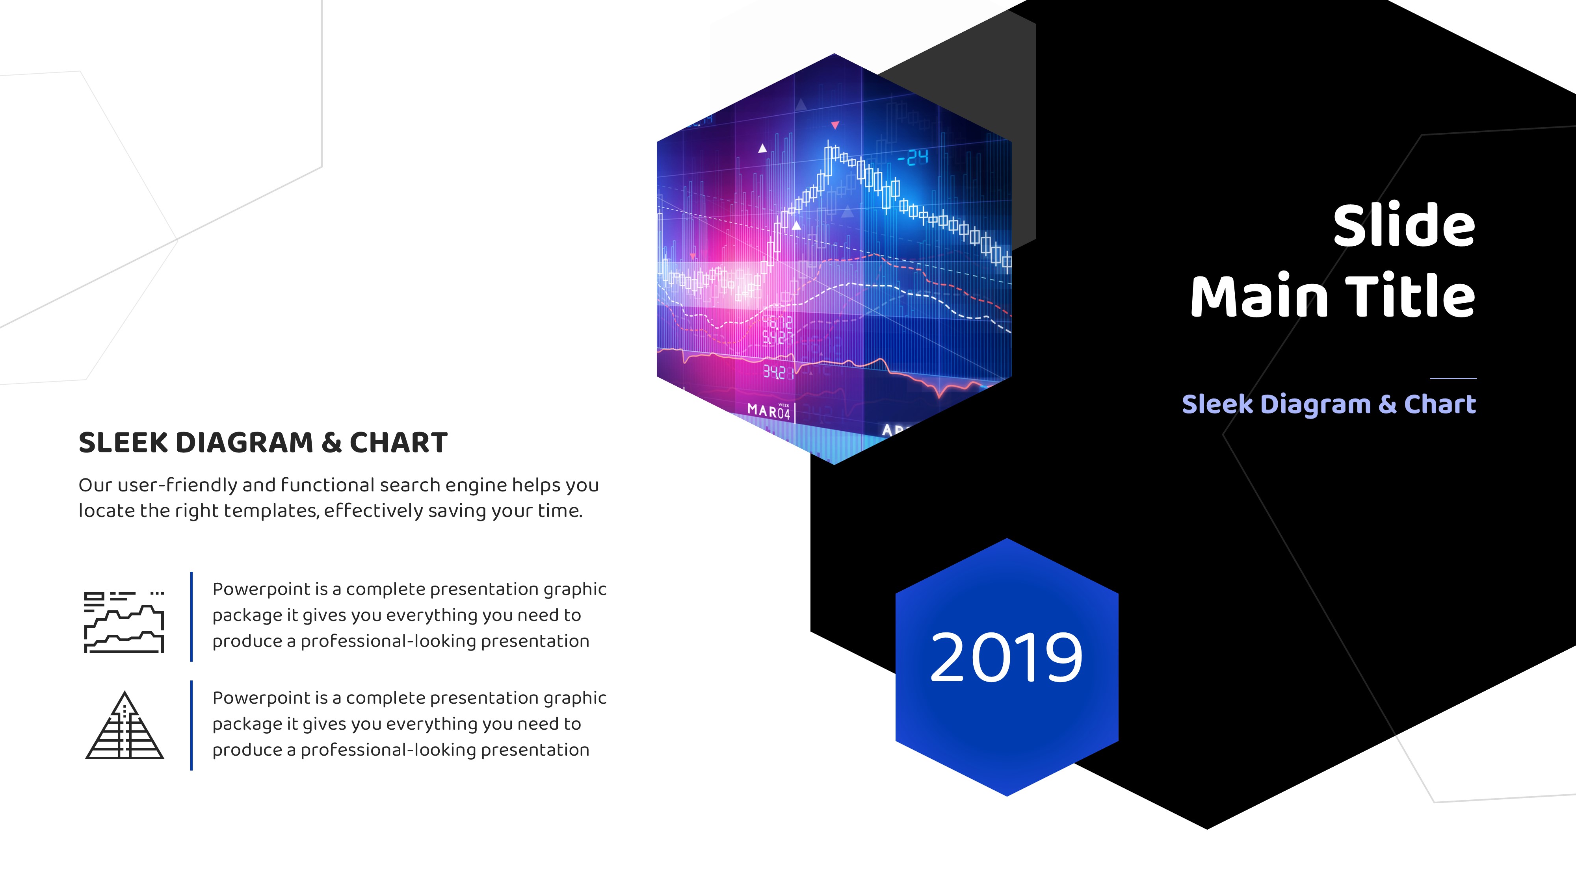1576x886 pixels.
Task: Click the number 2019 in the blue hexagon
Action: tap(1006, 658)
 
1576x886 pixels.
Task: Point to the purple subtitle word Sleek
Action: tap(1217, 404)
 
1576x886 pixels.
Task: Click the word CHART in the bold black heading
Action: tap(398, 443)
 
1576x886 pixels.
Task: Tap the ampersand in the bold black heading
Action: tap(332, 443)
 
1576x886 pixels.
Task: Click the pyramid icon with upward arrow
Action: tap(125, 725)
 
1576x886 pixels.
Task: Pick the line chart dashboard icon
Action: tap(124, 622)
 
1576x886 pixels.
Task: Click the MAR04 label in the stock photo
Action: tap(769, 410)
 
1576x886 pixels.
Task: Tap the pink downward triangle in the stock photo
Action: tap(834, 125)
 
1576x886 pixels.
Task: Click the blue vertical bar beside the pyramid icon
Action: tap(191, 725)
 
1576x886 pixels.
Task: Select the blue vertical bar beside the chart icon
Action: tap(191, 616)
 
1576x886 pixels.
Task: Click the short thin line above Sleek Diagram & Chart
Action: tap(1453, 378)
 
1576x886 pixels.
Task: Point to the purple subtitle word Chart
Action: tap(1440, 404)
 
